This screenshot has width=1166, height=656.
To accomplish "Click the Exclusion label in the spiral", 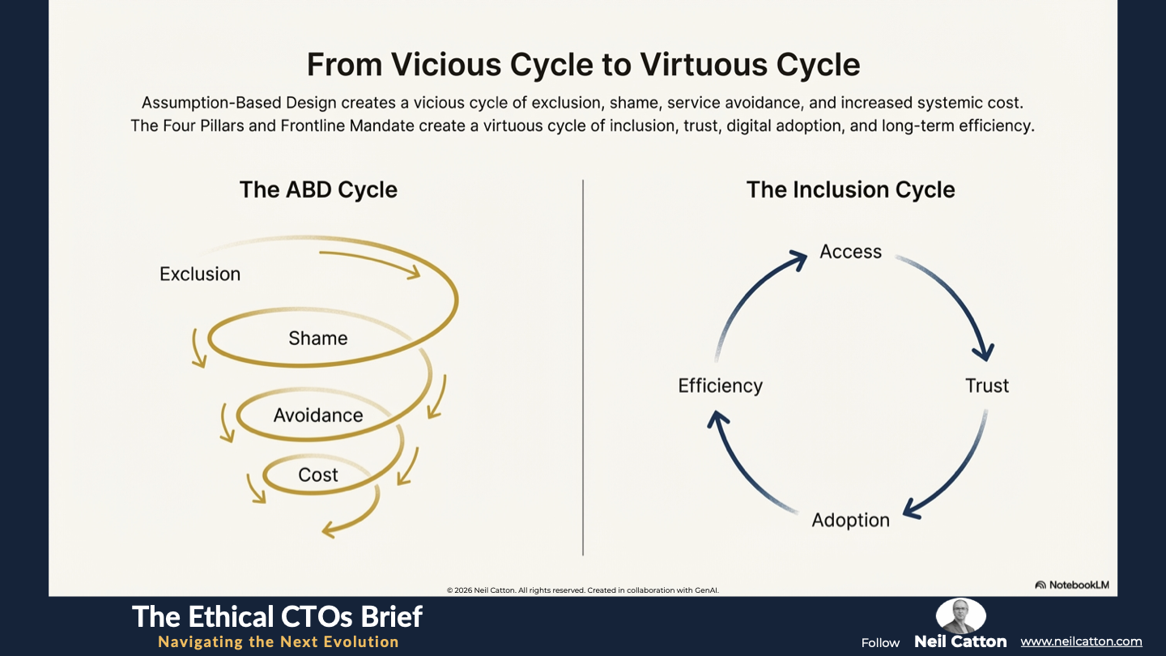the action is click(x=200, y=274).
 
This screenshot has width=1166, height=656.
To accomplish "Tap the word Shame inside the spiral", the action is click(x=318, y=339).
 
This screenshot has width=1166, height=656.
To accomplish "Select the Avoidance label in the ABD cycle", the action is click(x=318, y=415).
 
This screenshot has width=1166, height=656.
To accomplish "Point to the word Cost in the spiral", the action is click(x=318, y=475).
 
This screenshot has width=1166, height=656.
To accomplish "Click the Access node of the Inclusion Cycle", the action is click(x=850, y=251).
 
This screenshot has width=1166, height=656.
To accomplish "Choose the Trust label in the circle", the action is click(x=987, y=386).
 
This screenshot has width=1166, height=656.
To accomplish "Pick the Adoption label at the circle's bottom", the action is click(x=850, y=520).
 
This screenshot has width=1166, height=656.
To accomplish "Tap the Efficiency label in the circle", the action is click(x=720, y=386).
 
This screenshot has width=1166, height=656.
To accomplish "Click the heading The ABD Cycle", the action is click(x=318, y=190).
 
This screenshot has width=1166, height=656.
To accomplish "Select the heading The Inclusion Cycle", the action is click(x=850, y=190).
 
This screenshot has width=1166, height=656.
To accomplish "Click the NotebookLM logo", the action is click(x=1072, y=585).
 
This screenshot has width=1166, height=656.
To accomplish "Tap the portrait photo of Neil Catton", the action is click(x=960, y=616).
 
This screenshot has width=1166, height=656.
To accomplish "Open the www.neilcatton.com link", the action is click(x=1081, y=641).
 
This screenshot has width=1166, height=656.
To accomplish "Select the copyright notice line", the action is click(x=582, y=590).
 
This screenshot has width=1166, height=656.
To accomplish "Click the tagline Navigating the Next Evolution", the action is click(x=278, y=641).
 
